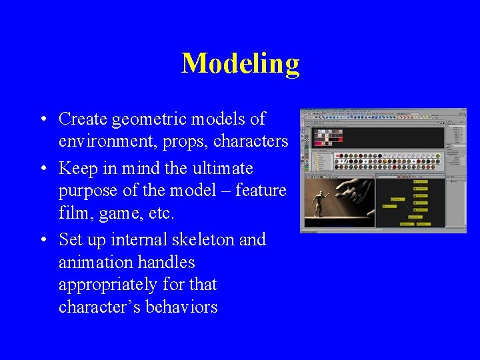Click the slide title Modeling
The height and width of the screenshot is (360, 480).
[240, 63]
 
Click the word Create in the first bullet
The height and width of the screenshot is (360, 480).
[83, 119]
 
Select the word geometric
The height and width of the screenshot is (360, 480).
[150, 119]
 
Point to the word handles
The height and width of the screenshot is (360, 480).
[166, 262]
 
